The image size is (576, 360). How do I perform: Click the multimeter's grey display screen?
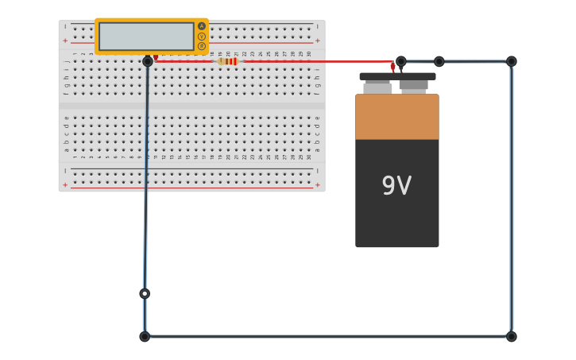click(x=146, y=37)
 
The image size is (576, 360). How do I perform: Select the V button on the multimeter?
click(x=202, y=37)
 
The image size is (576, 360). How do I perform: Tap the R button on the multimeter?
click(x=202, y=46)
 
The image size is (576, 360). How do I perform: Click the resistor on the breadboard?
click(x=228, y=61)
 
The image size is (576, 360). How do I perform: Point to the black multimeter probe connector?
click(x=148, y=61)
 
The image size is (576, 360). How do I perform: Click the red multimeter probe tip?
click(x=156, y=57)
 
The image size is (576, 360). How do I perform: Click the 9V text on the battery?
click(x=396, y=186)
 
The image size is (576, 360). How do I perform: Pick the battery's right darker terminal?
click(x=413, y=84)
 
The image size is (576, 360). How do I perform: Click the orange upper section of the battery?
click(x=396, y=117)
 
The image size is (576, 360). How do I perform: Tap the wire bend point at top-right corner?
click(x=511, y=61)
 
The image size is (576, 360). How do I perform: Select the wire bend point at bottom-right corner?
click(x=511, y=336)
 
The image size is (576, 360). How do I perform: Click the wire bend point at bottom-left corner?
click(x=145, y=336)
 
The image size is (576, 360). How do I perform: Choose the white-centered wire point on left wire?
click(x=145, y=293)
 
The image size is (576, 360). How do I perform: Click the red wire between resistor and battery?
click(x=318, y=61)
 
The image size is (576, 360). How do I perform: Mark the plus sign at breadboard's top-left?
click(x=65, y=40)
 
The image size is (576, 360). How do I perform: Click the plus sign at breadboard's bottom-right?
click(x=318, y=184)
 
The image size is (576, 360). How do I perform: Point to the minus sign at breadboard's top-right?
click(x=318, y=26)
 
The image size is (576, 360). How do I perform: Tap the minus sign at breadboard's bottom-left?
click(x=65, y=170)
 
